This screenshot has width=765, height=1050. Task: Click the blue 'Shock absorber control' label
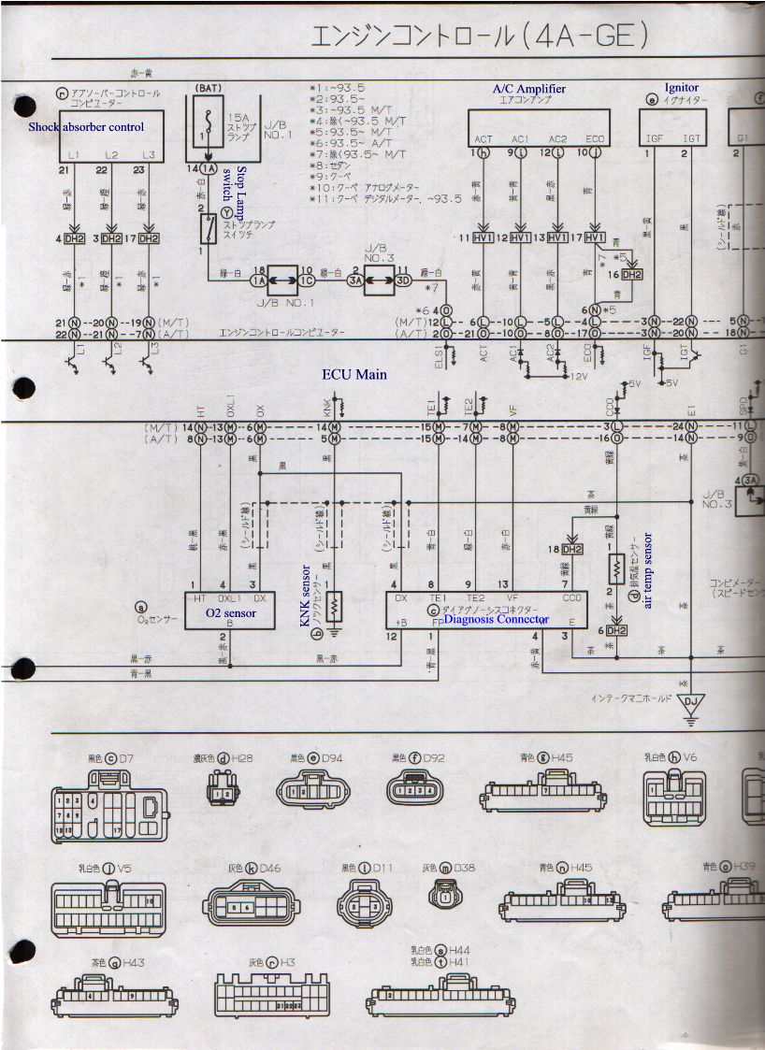point(86,126)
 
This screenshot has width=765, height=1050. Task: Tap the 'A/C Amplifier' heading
point(528,89)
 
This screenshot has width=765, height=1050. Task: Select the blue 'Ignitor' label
point(681,88)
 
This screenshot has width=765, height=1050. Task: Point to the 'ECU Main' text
point(354,375)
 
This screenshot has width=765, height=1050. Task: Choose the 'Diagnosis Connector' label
point(496,619)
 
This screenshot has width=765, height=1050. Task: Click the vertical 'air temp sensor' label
point(647,570)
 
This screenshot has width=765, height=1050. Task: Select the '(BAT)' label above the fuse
point(208,89)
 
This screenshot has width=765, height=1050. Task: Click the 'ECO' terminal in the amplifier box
point(596,139)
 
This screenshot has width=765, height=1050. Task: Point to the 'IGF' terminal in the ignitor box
point(655,139)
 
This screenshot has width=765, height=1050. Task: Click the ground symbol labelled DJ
point(690,702)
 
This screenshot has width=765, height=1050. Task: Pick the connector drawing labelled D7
point(111,805)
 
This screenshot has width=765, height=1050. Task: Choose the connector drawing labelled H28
point(221,794)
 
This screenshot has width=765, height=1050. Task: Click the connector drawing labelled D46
point(253,905)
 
